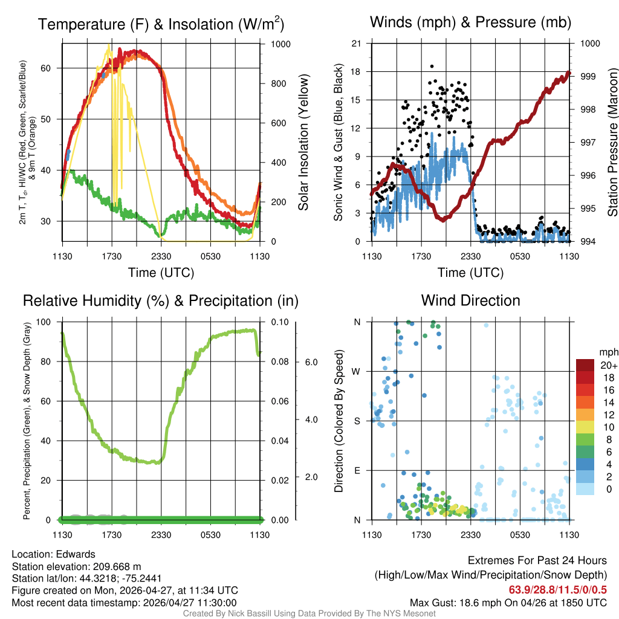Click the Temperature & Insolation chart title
pyautogui.click(x=161, y=24)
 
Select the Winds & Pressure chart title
pyautogui.click(x=470, y=22)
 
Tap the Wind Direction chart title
pyautogui.click(x=470, y=300)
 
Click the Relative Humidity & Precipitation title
pyautogui.click(x=160, y=300)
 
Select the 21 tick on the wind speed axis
pyautogui.click(x=356, y=44)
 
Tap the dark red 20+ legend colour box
pyautogui.click(x=586, y=365)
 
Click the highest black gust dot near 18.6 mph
pyautogui.click(x=432, y=66)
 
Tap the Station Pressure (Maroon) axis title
pyautogui.click(x=612, y=143)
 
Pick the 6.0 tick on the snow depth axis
pyautogui.click(x=311, y=362)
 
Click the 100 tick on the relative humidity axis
pyautogui.click(x=49, y=322)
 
